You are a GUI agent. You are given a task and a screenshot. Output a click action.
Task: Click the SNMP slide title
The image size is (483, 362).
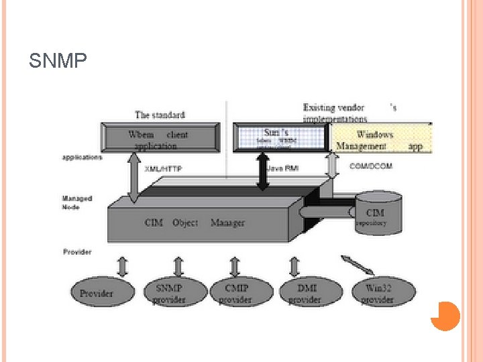click(58, 62)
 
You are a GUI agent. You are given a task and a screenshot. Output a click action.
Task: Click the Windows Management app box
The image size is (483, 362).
click(380, 139)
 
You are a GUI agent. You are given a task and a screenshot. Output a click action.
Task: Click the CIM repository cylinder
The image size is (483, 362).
click(378, 213)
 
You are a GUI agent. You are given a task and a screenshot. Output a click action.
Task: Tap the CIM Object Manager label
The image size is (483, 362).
click(195, 223)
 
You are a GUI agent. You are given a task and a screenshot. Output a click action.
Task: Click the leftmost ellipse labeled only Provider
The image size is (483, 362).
click(97, 293)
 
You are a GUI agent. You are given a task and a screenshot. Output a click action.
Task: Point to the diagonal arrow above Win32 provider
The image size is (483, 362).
click(358, 265)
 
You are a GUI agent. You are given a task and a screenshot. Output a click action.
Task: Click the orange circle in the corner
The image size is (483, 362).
click(445, 316)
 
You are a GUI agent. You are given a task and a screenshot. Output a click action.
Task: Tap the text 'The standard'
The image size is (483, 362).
click(160, 115)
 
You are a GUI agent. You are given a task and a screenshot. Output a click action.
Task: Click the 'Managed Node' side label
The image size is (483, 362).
click(77, 202)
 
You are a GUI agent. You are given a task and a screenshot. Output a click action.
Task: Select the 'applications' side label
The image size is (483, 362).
click(82, 158)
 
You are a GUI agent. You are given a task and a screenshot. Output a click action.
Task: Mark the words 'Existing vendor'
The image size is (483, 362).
click(333, 107)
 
